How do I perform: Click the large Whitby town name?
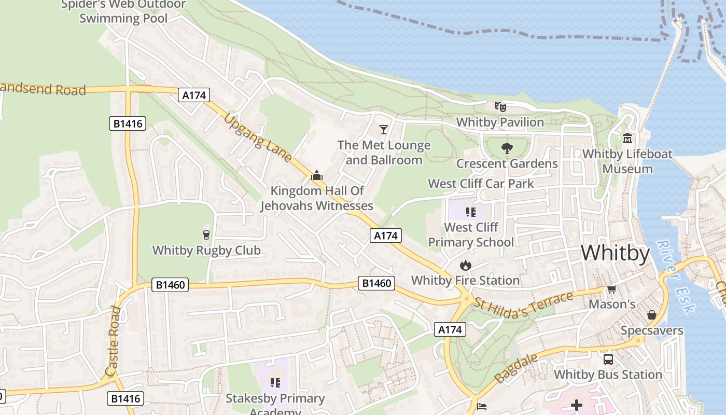tap(615, 253)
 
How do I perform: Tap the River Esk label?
tap(676, 276)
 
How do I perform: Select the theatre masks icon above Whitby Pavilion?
tap(500, 107)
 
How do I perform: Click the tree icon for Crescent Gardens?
tap(507, 148)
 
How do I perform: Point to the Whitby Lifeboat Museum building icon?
tap(627, 139)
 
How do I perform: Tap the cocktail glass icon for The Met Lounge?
tap(384, 129)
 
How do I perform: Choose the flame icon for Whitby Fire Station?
tap(465, 266)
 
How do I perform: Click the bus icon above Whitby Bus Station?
tap(608, 359)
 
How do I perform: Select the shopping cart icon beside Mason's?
tap(612, 289)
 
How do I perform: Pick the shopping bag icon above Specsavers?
tap(651, 315)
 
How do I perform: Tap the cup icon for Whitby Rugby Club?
tap(206, 235)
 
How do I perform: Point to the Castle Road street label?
tap(113, 341)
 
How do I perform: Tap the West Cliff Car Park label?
tap(481, 183)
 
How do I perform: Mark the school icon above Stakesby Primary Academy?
tap(275, 383)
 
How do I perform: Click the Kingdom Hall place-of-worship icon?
tap(316, 175)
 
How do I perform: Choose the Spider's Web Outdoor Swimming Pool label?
tap(123, 11)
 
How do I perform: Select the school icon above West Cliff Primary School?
tap(470, 212)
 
